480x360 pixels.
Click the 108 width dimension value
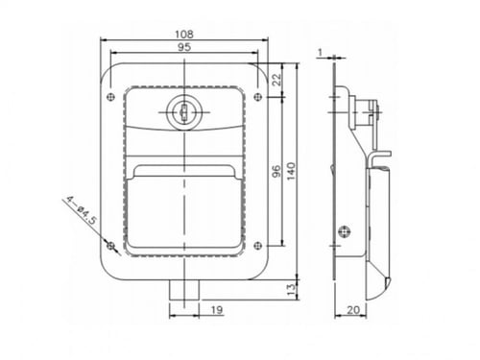coord(184,34)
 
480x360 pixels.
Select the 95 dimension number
coord(184,47)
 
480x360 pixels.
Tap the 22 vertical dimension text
coord(277,79)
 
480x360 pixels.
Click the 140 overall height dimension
coord(291,171)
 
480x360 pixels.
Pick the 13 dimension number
coord(291,290)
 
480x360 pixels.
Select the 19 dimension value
coord(217,309)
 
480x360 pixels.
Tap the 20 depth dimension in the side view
coord(353,309)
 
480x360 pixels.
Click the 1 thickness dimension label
coord(321,52)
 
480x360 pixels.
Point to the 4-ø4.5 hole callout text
coord(82,211)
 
